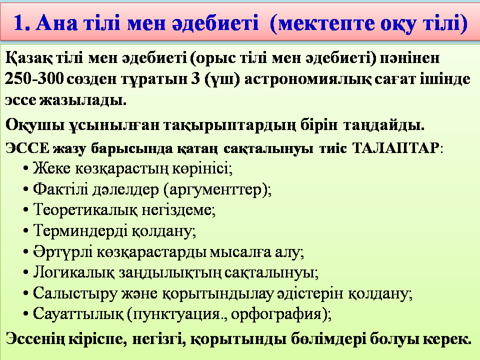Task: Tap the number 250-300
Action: [x=34, y=79]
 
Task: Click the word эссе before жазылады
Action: [x=20, y=100]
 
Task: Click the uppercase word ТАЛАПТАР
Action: [x=396, y=148]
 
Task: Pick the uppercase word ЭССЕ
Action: [x=27, y=148]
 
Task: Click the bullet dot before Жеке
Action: [x=26, y=168]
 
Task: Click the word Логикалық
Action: [x=74, y=272]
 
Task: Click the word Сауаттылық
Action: [x=78, y=314]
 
